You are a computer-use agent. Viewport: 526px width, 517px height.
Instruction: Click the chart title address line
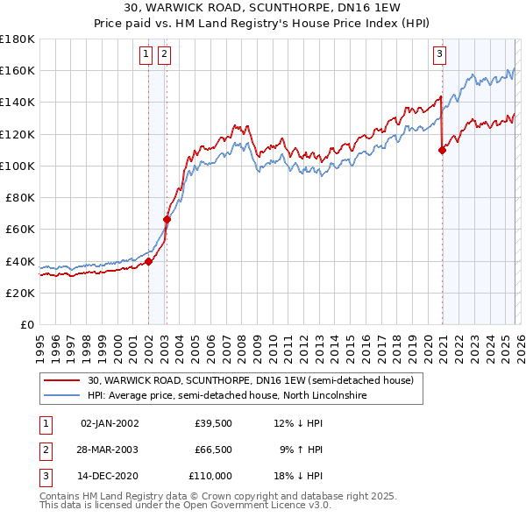[x=262, y=10]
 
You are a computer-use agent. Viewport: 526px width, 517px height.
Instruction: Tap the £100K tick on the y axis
[x=18, y=166]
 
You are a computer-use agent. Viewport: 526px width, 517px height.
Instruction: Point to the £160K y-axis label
[x=18, y=70]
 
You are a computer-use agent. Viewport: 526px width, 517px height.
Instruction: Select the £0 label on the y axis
[x=26, y=324]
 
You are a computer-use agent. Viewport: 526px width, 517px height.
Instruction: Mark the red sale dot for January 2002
[x=149, y=261]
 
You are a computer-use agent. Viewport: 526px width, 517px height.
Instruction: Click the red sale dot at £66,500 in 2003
[x=167, y=219]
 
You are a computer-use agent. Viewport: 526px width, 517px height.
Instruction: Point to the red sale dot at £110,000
[x=442, y=150]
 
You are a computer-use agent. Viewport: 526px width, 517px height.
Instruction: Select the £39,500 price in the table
[x=213, y=423]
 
